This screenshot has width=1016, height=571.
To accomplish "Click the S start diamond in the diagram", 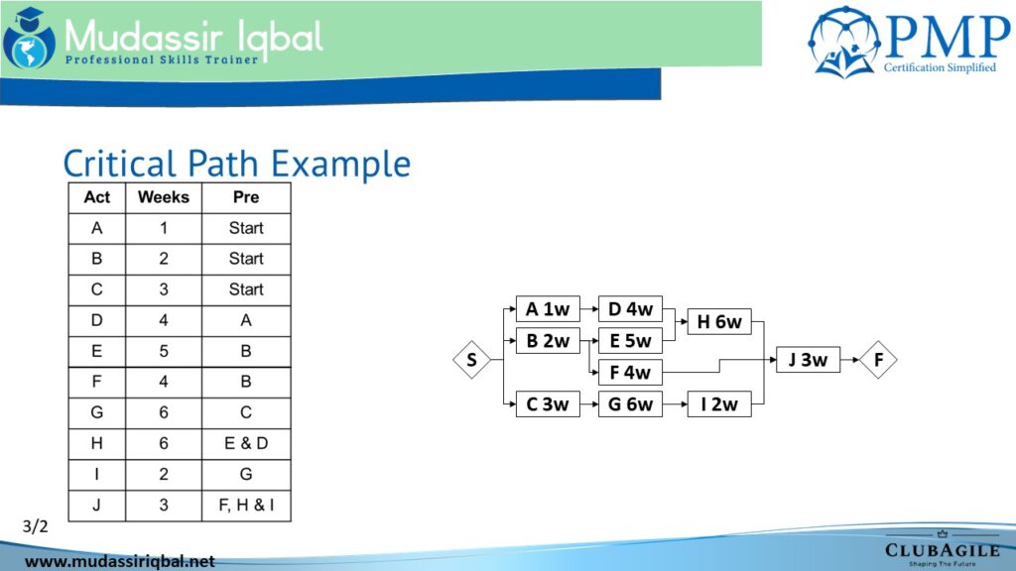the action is (x=471, y=359).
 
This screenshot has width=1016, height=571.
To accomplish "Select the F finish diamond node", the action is (x=878, y=359).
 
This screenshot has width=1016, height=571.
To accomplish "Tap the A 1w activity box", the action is (x=548, y=309).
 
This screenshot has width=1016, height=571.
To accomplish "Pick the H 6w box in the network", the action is (x=719, y=321).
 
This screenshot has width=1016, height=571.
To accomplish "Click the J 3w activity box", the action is (x=808, y=359).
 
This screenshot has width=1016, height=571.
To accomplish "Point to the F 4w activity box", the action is (x=630, y=373).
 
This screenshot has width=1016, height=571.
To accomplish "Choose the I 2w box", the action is (x=719, y=404).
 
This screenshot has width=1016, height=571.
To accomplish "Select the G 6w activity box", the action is (x=630, y=404).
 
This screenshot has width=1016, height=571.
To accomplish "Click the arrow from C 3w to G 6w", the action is (x=589, y=404).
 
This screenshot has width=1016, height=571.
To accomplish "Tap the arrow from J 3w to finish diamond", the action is (x=849, y=359).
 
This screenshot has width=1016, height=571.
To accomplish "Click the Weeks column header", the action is (x=164, y=197).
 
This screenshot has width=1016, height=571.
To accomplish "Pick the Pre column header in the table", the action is (x=246, y=197).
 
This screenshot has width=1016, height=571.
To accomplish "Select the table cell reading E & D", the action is (x=246, y=443).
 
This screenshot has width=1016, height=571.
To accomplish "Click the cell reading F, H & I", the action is (x=246, y=505).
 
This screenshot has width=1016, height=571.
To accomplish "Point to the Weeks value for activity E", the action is (x=164, y=351).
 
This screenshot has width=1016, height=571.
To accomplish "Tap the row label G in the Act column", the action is (x=96, y=412).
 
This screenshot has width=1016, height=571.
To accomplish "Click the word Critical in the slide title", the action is (x=119, y=164).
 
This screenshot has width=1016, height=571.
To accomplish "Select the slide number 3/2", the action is (x=35, y=526).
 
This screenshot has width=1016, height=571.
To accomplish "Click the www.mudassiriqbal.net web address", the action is (x=119, y=561).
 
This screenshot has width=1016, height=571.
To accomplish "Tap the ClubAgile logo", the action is (x=943, y=549).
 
